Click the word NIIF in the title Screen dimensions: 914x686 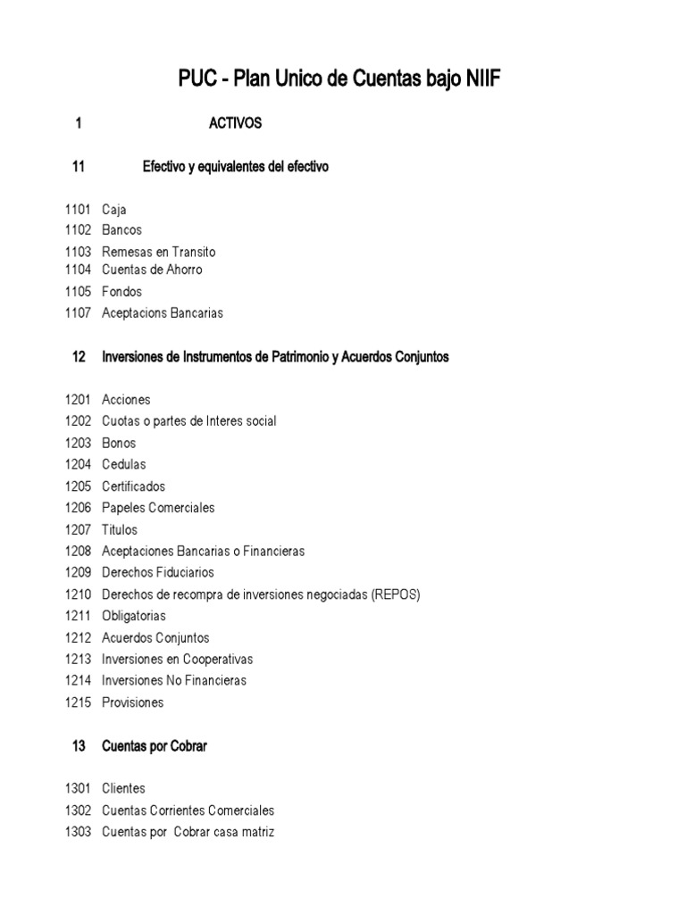click(x=481, y=81)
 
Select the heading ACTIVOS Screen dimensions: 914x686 click(x=235, y=124)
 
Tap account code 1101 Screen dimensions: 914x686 click(x=78, y=210)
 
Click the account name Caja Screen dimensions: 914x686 click(x=114, y=210)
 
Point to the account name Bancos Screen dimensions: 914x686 click(x=121, y=230)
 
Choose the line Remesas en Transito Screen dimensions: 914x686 click(x=158, y=252)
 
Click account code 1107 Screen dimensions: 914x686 click(x=78, y=313)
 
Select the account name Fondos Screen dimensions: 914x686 click(x=121, y=292)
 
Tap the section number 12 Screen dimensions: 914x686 click(x=79, y=357)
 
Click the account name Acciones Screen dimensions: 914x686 click(x=126, y=400)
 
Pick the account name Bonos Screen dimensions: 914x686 click(x=119, y=443)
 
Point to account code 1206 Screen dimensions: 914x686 click(x=78, y=508)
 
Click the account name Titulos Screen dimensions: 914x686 click(x=120, y=529)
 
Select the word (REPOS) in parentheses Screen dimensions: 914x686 click(x=396, y=594)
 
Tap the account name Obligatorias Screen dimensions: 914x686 click(x=134, y=616)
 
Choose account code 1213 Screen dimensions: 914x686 click(x=78, y=659)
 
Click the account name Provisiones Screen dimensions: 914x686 click(x=133, y=702)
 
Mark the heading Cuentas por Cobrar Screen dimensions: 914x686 click(x=155, y=746)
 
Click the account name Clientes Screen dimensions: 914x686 click(x=123, y=789)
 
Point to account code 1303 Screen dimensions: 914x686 click(x=78, y=832)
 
